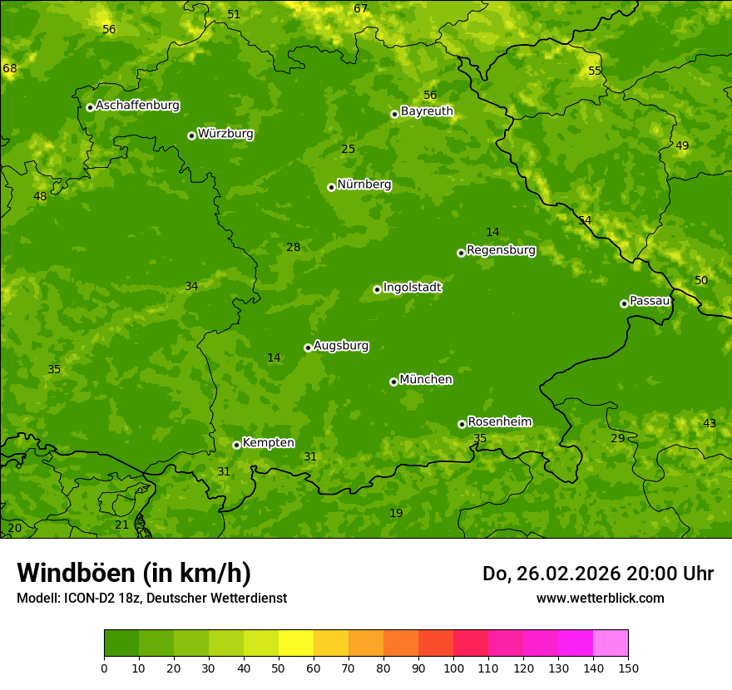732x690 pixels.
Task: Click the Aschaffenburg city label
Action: [137, 106]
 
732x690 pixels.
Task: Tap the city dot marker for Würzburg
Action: [191, 136]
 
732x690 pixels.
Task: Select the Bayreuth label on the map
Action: [427, 111]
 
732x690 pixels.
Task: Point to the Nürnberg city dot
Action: [331, 187]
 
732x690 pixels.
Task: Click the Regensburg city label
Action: [501, 250]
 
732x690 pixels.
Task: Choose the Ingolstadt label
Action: [412, 288]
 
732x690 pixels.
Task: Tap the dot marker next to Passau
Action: [624, 303]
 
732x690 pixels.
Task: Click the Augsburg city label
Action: [341, 346]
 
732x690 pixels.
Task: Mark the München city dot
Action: [393, 382]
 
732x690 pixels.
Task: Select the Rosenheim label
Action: [499, 422]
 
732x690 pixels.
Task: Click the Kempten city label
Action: [268, 443]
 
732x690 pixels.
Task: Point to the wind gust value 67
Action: [360, 9]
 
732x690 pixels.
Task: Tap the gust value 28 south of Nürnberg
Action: [293, 247]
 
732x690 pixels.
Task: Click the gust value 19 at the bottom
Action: [396, 513]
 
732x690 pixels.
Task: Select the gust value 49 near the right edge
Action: [682, 145]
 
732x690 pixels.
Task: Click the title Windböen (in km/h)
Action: [134, 573]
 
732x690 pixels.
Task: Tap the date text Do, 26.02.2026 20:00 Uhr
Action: [597, 574]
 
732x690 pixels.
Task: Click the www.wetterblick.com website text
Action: [600, 599]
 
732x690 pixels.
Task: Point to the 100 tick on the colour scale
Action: [453, 668]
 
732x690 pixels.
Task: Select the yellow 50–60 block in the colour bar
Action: [296, 643]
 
